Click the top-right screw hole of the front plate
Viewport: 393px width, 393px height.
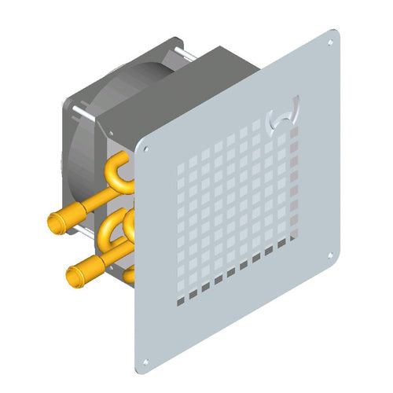tap(331, 42)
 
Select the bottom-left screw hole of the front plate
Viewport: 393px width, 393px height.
tap(145, 362)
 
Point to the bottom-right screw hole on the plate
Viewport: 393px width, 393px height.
tap(331, 254)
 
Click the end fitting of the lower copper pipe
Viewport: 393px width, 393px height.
tap(75, 277)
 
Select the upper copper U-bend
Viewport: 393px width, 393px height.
tap(118, 171)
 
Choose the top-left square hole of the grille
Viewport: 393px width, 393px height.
tap(182, 167)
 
